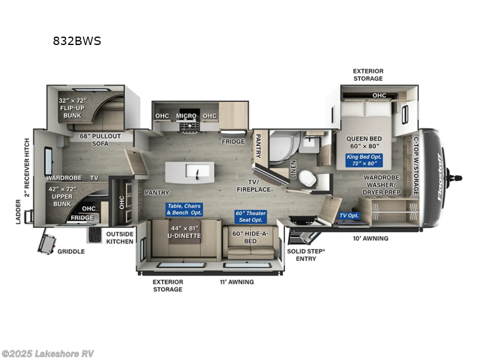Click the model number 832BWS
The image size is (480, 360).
pyautogui.click(x=77, y=41)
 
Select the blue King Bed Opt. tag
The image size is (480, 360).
pyautogui.click(x=365, y=160)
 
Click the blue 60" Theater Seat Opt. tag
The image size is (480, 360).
pyautogui.click(x=251, y=216)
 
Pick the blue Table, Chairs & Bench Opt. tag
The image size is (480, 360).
pyautogui.click(x=184, y=209)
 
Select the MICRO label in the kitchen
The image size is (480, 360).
pyautogui.click(x=187, y=116)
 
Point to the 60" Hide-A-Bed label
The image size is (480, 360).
pyautogui.click(x=250, y=237)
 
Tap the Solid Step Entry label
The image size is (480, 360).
pyautogui.click(x=305, y=254)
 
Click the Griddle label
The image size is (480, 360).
pyautogui.click(x=71, y=251)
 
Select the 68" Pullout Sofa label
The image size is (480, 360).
pyautogui.click(x=100, y=140)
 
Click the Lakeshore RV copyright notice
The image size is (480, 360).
pyautogui.click(x=47, y=353)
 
